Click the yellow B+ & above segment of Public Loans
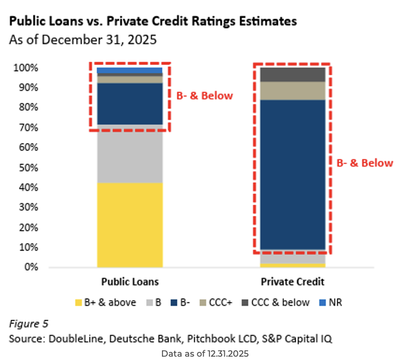tap(130, 225)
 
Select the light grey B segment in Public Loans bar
tap(130, 154)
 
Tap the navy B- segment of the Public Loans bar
tap(130, 103)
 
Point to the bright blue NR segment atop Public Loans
tap(130, 70)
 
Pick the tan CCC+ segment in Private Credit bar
tap(292, 90)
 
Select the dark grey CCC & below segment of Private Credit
tap(292, 74)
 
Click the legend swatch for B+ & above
tap(80, 302)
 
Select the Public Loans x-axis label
tap(130, 281)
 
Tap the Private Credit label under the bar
tap(292, 281)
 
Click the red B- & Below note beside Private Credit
tap(365, 163)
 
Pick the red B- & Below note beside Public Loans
tap(204, 95)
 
